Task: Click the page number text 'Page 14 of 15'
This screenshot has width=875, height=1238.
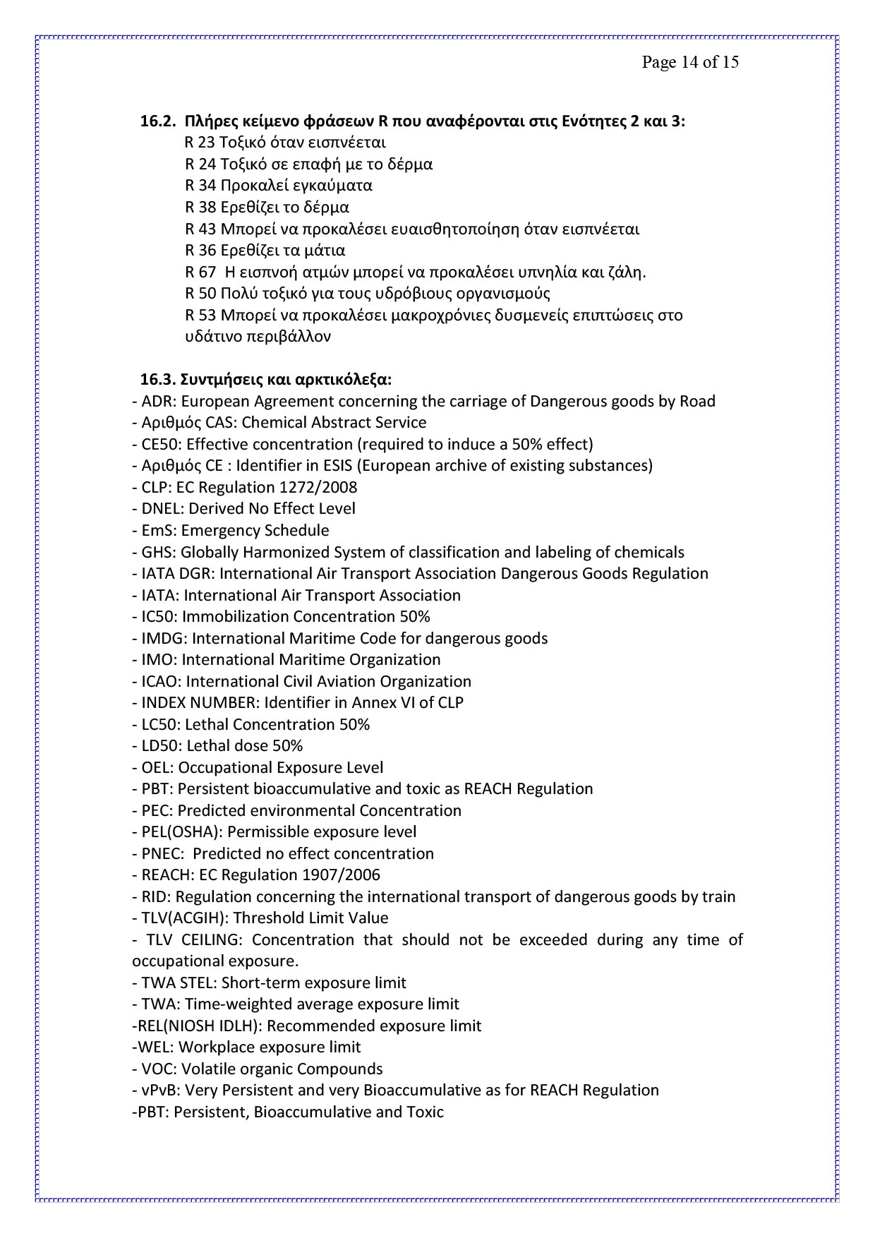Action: pos(689,62)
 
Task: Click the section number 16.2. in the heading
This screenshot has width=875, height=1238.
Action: pos(157,121)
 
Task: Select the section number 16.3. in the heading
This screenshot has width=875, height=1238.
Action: pos(157,380)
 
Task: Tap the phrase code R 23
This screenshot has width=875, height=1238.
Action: pos(200,143)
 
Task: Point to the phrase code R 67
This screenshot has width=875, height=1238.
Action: pos(200,272)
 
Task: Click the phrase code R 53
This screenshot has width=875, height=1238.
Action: pos(200,315)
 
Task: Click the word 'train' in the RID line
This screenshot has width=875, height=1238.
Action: pos(718,897)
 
